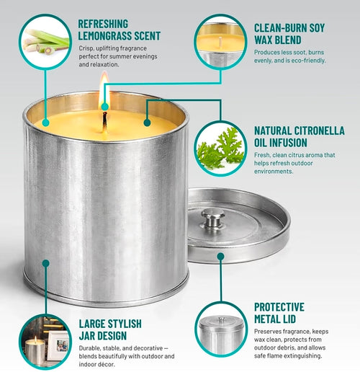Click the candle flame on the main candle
point(104,90)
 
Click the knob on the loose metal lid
point(213,218)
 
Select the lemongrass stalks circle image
point(45,42)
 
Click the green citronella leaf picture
point(220,149)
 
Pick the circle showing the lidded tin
point(221,329)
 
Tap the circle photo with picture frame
point(45,342)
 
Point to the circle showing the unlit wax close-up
point(220,42)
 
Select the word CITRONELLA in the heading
point(319,131)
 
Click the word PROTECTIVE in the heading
point(279,307)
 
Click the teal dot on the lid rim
point(220,257)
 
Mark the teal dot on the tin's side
point(45,263)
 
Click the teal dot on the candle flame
point(104,107)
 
